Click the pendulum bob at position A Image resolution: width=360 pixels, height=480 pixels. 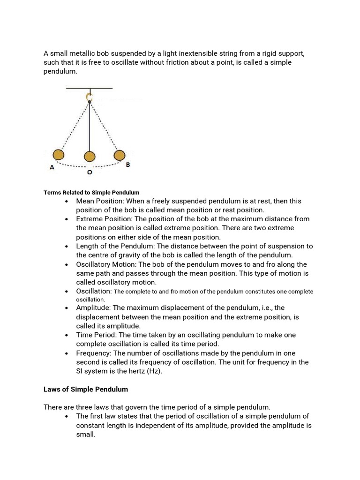pos(58,155)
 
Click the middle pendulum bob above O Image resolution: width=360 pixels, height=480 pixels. pos(89,157)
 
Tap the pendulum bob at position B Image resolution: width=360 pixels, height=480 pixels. pos(120,155)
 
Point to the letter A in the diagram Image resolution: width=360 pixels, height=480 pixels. pos(52,167)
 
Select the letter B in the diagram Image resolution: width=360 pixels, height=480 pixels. pos(127,165)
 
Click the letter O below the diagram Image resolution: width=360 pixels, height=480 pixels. pos(89,172)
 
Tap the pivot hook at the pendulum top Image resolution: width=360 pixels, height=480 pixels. pos(89,97)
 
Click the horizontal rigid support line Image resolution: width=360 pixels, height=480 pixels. pos(89,88)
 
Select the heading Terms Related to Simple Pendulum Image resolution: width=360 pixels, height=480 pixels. pos(91,193)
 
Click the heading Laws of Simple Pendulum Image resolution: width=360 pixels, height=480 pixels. pos(86,390)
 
